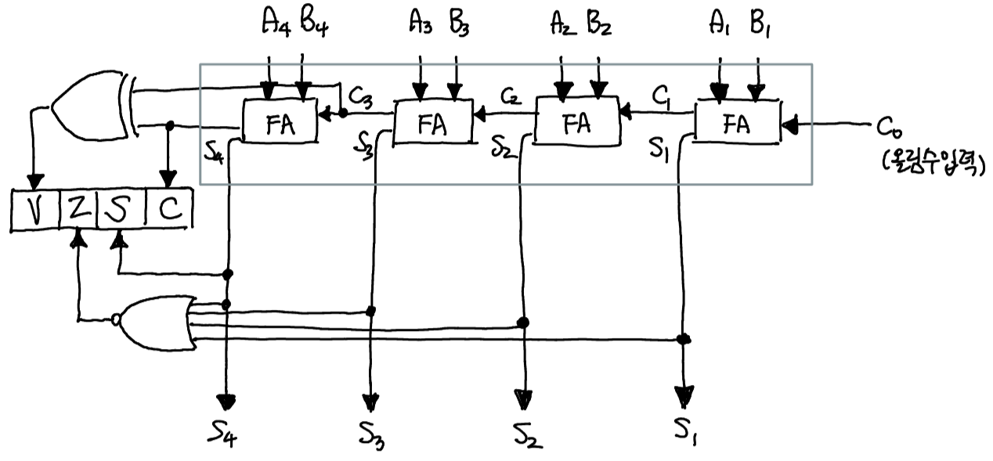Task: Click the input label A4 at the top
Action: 274,25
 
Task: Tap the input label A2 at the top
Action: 562,25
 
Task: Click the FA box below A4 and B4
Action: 280,123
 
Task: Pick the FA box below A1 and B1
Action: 737,124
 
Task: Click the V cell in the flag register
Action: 31,210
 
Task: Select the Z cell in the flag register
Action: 77,210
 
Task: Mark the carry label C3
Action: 360,99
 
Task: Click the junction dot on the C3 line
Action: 342,113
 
